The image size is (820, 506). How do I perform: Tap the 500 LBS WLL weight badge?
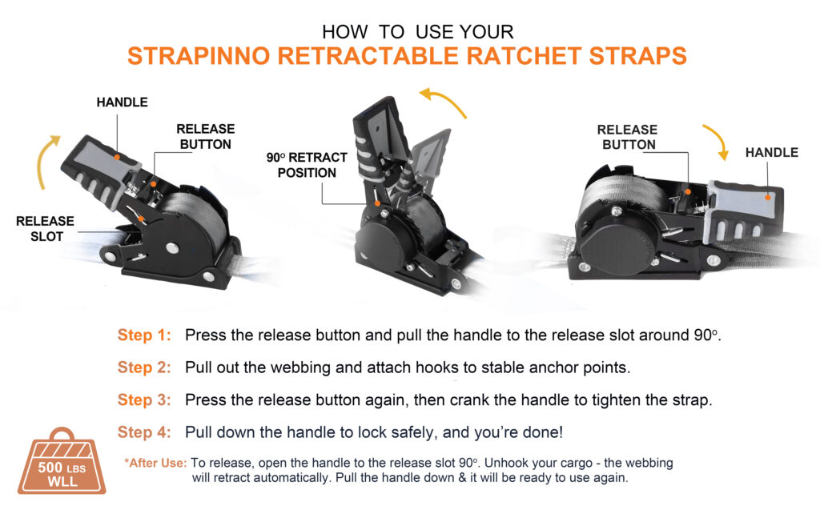[62, 462]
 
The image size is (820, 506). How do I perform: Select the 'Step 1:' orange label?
[144, 335]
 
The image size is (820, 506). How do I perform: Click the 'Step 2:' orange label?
[144, 367]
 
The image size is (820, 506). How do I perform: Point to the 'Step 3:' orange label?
[144, 400]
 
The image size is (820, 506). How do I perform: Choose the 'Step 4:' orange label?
[144, 432]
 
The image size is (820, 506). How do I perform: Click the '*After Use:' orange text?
[155, 463]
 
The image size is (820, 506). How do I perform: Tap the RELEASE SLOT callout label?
[46, 229]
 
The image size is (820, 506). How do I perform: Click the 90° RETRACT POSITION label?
[307, 165]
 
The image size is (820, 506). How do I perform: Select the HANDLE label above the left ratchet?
[123, 102]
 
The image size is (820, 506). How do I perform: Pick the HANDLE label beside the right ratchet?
[772, 153]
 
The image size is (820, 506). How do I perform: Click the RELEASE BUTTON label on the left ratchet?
[206, 136]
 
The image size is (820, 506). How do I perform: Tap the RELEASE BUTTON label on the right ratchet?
[628, 137]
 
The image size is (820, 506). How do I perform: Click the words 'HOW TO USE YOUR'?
[418, 32]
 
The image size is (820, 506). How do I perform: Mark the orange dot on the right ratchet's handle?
[768, 197]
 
